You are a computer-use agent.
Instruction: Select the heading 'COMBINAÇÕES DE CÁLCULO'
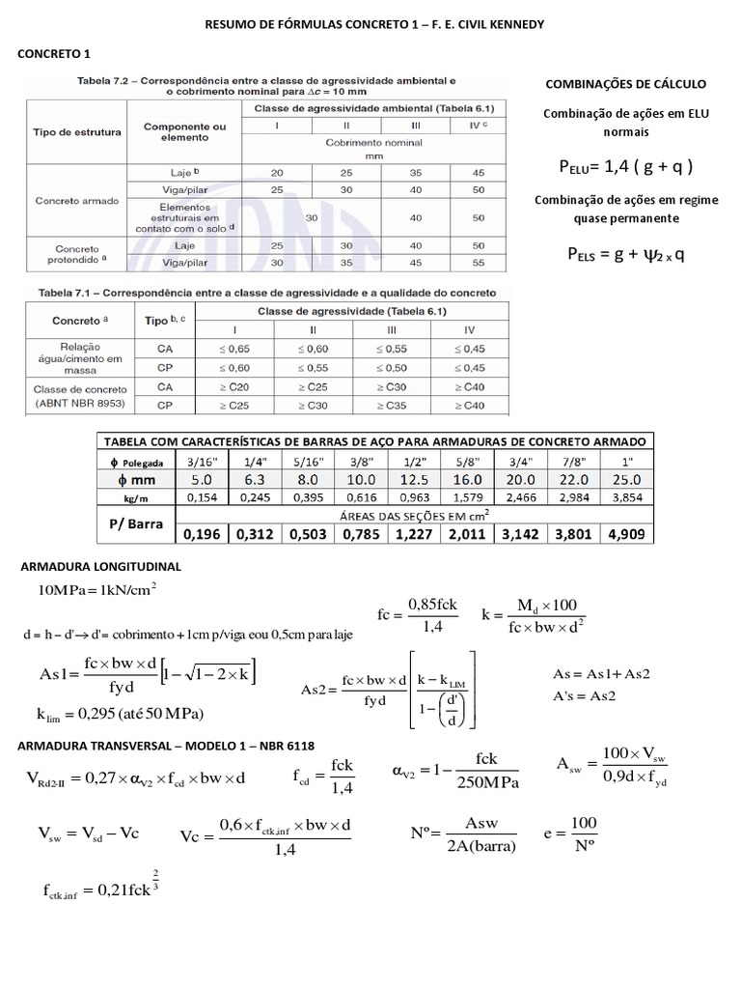[x=626, y=84]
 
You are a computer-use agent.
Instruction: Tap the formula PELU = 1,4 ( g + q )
[x=626, y=166]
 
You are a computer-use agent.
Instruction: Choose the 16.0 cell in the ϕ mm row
[x=458, y=478]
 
